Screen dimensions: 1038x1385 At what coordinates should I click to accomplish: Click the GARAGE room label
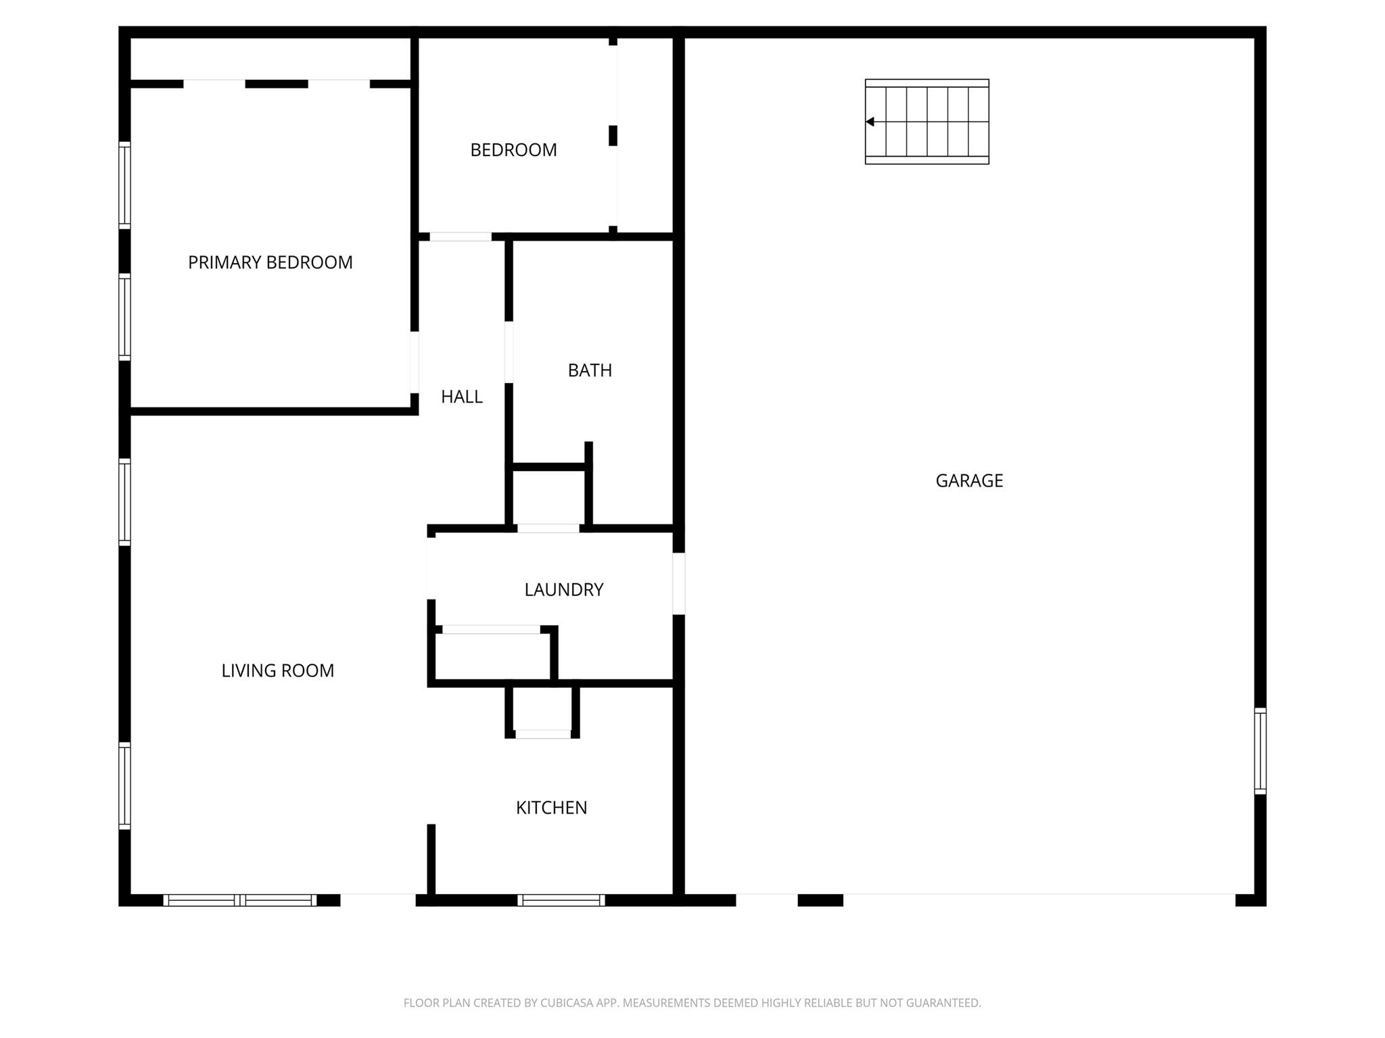[x=969, y=480]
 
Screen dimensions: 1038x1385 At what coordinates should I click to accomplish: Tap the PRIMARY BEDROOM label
[x=270, y=262]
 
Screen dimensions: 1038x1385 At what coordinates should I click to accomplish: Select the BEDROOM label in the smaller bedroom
[x=513, y=150]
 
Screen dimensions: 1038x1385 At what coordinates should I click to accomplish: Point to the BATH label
[x=590, y=370]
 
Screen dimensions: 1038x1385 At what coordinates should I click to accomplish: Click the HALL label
[x=461, y=397]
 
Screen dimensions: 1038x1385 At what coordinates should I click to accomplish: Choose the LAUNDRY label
[x=563, y=589]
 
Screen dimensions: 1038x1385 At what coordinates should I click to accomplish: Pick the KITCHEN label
[x=551, y=808]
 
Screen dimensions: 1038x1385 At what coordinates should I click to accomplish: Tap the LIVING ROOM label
[x=277, y=670]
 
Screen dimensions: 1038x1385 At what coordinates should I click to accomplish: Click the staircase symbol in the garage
[x=927, y=122]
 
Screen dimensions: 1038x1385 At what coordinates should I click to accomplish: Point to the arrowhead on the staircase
[x=870, y=122]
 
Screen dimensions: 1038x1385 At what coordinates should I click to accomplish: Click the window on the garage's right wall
[x=1260, y=750]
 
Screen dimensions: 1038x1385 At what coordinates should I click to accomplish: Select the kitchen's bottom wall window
[x=561, y=899]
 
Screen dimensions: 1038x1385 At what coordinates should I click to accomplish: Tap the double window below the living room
[x=240, y=899]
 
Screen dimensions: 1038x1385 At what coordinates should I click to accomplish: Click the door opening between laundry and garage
[x=678, y=583]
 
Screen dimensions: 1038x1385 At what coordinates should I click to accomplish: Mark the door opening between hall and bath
[x=509, y=351]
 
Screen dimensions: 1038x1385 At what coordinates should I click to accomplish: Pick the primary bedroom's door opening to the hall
[x=414, y=362]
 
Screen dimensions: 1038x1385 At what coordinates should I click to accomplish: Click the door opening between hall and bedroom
[x=461, y=237]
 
